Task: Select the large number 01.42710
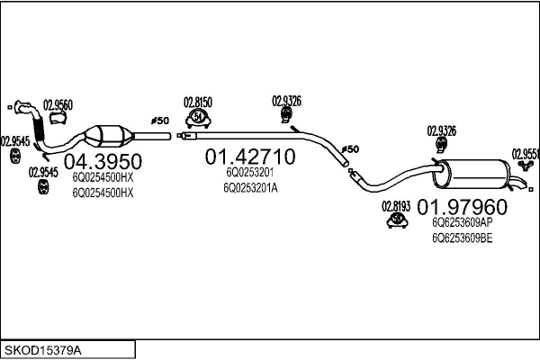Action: (x=250, y=157)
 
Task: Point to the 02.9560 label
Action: (x=58, y=103)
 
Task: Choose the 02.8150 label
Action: (x=198, y=103)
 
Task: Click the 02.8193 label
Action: (x=396, y=206)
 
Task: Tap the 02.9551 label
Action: (x=526, y=153)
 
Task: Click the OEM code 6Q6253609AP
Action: (x=462, y=222)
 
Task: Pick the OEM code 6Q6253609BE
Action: (x=462, y=238)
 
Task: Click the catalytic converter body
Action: (x=111, y=136)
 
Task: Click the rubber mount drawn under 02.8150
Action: (x=198, y=121)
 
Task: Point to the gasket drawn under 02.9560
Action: (x=59, y=119)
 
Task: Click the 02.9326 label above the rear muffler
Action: (x=441, y=131)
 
